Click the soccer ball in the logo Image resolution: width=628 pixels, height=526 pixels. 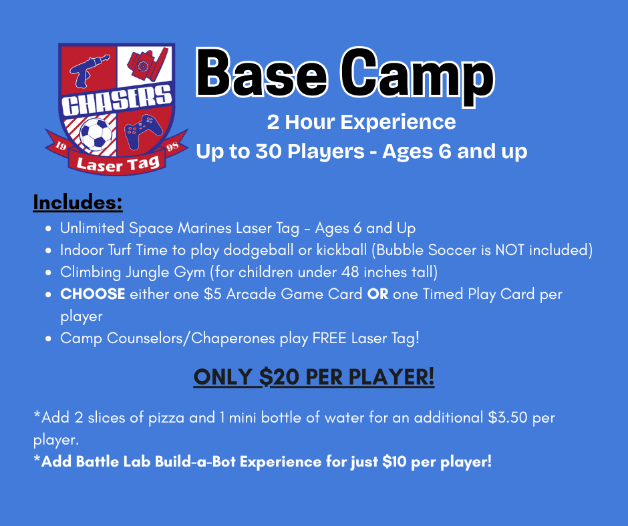coord(96,133)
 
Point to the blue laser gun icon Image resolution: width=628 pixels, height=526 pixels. coord(88,71)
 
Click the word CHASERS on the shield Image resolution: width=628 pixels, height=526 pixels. coord(116,100)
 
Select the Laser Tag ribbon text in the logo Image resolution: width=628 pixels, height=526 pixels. coord(118,164)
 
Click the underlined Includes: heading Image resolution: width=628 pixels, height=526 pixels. coord(77,202)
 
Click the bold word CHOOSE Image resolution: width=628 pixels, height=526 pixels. coord(92,294)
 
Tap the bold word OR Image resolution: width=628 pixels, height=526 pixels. coord(377,294)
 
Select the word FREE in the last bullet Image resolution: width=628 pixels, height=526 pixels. coord(329,338)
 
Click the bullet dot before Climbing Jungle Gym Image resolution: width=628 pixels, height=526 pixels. coord(49,273)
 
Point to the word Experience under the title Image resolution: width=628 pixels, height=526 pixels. coord(398,122)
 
